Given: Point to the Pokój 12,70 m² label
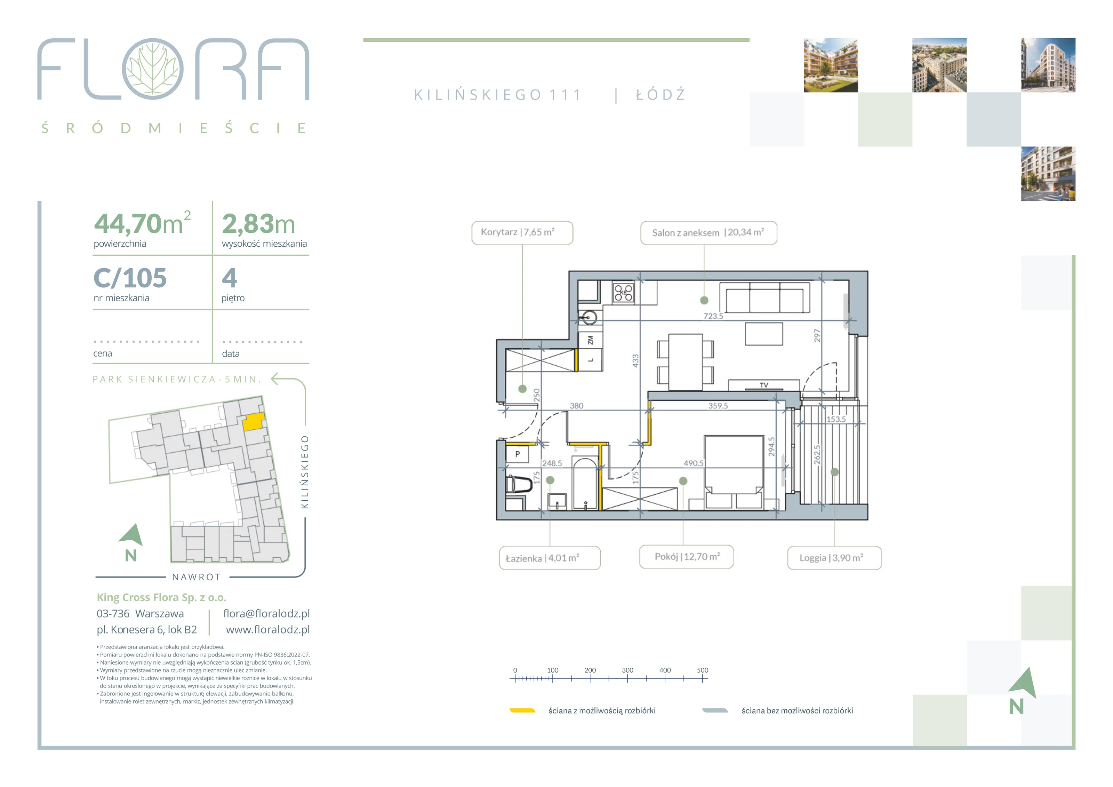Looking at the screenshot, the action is pos(687,557).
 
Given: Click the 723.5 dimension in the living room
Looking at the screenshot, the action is pos(713,316).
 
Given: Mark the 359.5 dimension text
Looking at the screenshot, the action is pos(718,406).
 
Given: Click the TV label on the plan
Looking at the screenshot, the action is pos(764,385).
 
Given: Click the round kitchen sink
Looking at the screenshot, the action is pos(589,318).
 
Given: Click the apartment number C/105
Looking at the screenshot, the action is pos(130,278).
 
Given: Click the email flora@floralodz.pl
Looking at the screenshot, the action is pos(266,613).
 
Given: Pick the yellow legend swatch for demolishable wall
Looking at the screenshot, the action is pos(522,710).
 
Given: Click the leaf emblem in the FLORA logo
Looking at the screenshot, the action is pos(153,69).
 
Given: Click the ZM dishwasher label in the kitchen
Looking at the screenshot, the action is pos(591,340).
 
